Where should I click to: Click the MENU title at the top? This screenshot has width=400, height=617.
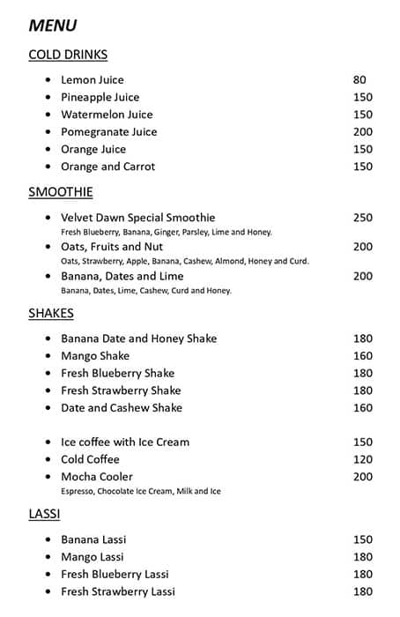(53, 26)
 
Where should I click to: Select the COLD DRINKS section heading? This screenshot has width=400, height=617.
(68, 55)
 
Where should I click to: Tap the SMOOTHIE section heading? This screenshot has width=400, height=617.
(61, 192)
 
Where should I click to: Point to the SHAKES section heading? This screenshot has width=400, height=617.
(51, 313)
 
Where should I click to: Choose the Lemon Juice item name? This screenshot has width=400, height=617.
(93, 79)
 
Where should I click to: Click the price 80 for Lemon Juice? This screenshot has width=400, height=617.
(359, 79)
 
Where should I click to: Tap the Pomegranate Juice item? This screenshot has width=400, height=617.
(108, 131)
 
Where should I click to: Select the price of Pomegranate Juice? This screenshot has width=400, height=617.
(363, 131)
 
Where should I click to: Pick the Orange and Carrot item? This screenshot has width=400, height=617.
(107, 167)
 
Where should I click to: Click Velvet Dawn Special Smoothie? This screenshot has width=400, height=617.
(137, 218)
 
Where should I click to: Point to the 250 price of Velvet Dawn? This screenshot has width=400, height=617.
(363, 218)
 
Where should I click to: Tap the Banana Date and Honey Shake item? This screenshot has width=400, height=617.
(138, 338)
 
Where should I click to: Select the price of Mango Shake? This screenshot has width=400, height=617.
(363, 356)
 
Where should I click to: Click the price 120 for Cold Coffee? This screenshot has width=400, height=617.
(363, 459)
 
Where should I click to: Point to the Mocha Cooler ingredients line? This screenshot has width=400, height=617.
(141, 491)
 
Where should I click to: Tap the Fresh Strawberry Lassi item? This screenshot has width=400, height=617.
(118, 591)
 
